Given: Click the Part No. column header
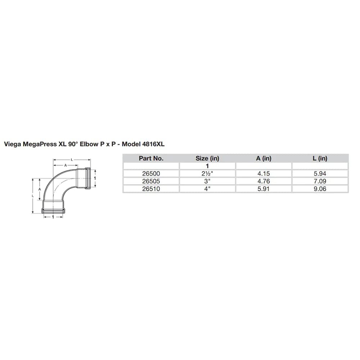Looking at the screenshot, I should (x=151, y=158).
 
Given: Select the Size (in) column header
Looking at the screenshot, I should (x=207, y=158).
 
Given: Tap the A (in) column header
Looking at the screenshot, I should (x=264, y=158).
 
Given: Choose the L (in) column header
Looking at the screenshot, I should (x=320, y=158).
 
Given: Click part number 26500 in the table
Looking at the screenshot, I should (x=151, y=174).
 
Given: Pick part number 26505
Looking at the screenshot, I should (x=151, y=181).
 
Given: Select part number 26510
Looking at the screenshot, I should (x=151, y=189).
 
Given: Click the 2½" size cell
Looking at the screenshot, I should (x=207, y=174).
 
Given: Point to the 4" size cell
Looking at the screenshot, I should (x=207, y=189).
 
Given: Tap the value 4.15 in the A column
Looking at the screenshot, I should (x=264, y=174).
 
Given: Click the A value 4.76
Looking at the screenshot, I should (x=264, y=181).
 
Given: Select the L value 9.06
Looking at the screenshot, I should (x=320, y=189).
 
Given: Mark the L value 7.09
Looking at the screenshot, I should (x=320, y=181).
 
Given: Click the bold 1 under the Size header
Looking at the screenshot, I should (x=207, y=166).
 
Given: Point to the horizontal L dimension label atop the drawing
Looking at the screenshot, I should (x=72, y=159).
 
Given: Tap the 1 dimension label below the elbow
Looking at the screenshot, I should (x=53, y=217).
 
